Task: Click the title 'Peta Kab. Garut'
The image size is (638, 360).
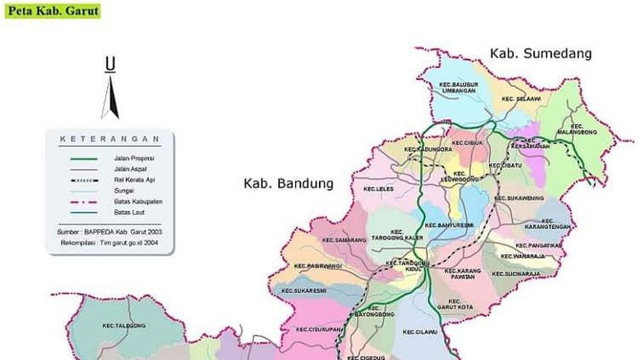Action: coord(52,11)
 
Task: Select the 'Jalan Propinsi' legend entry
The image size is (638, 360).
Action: coord(133,159)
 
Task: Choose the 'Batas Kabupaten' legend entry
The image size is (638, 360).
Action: coord(138,201)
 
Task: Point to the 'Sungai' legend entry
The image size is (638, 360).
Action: coord(123,191)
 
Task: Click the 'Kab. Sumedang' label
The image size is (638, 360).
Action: coord(540,54)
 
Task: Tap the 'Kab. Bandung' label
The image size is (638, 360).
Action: coord(288,184)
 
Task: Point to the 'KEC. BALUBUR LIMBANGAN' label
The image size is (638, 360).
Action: coord(459,88)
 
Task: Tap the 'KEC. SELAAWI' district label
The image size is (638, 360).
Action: coord(523,99)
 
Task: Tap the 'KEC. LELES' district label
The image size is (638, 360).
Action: coord(379,189)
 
